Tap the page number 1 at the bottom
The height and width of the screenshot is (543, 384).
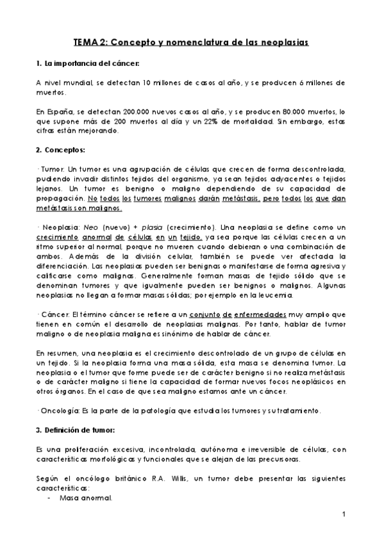(344, 514)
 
